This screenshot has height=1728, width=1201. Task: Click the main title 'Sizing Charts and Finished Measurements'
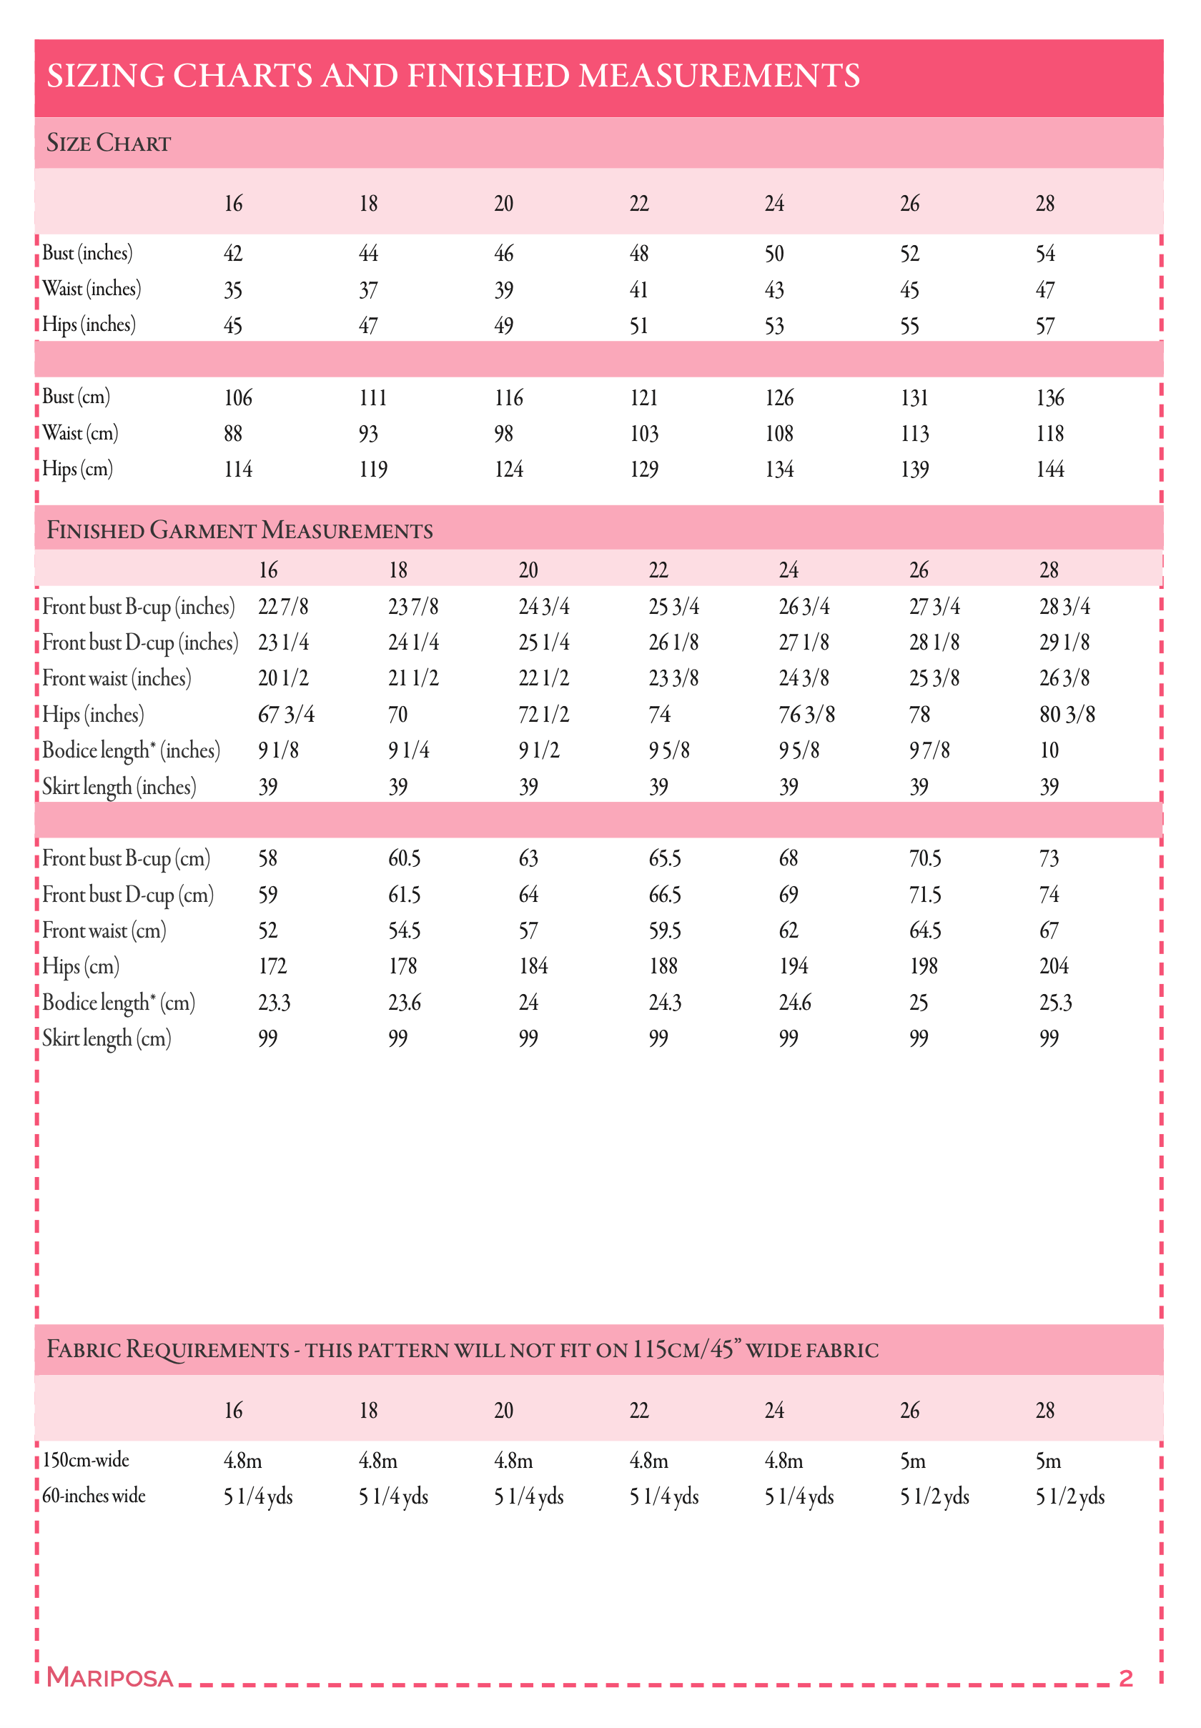pos(453,76)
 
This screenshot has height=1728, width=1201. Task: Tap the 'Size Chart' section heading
pos(109,143)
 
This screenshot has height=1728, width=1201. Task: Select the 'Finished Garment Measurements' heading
pos(239,530)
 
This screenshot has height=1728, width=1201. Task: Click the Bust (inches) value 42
pos(232,254)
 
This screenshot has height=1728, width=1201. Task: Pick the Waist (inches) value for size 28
pos(1044,289)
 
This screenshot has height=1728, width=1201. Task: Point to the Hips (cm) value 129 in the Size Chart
pos(643,470)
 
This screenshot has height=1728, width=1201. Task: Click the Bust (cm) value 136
pos(1049,398)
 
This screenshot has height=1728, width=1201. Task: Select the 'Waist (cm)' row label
pos(80,433)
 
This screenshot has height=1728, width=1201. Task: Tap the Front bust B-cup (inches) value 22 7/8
pos(283,606)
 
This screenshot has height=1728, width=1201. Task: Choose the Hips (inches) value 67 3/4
pos(286,715)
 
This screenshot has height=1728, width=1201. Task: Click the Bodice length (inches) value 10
pos(1049,751)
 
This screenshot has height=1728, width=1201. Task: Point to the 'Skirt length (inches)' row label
pos(119,787)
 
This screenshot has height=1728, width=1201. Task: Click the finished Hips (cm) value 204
pos(1054,967)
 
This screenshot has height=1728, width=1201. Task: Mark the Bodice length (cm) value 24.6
pos(795,1003)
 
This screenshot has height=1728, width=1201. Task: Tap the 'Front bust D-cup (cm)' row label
pos(128,895)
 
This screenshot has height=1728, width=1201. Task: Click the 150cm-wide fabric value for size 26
pos(913,1461)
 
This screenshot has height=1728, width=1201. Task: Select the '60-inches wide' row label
pos(94,1496)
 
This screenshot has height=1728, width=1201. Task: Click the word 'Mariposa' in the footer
pos(110,1677)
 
